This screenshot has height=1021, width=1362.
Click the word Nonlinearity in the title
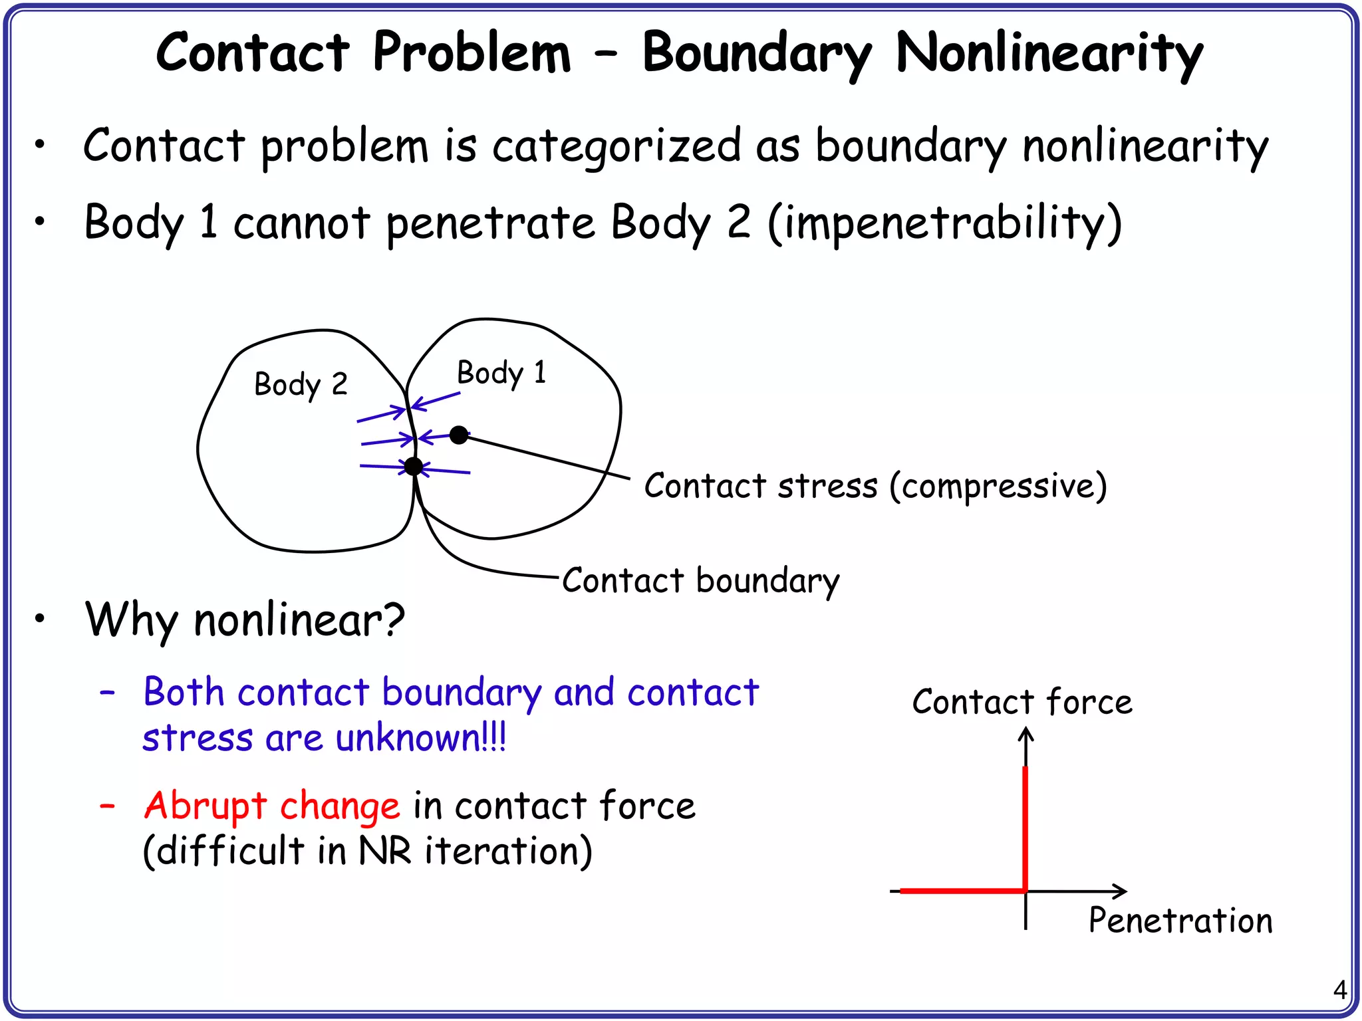1049,53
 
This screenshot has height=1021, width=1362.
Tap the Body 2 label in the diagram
301,385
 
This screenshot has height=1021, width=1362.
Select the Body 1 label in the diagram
501,373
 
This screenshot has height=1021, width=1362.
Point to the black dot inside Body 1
458,435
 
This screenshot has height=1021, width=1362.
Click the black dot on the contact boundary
414,467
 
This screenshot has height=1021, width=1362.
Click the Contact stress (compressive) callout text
875,486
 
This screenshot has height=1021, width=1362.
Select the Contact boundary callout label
701,581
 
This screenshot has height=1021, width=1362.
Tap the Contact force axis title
1022,702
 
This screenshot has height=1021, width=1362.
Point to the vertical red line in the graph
1025,828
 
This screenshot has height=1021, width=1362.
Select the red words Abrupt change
272,806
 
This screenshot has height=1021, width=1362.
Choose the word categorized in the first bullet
616,146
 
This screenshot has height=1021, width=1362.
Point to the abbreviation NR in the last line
385,851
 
